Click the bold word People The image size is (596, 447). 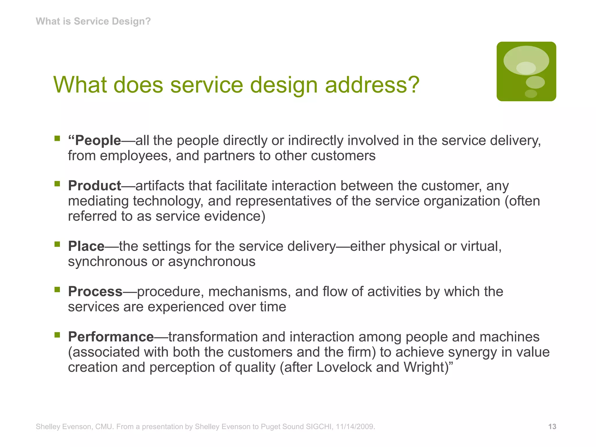(98, 141)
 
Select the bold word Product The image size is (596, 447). (95, 186)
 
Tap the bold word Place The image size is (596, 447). (86, 246)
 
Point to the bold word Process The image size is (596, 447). (95, 292)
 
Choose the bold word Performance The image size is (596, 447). (111, 337)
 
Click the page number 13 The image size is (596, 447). (552, 427)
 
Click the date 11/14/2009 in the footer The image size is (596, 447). (355, 427)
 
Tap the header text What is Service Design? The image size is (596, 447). (93, 21)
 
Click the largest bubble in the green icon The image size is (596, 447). (526, 60)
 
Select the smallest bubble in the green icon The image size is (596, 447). (531, 94)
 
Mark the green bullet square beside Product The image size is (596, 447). (57, 184)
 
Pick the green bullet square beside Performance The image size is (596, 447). (57, 335)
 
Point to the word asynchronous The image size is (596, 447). (212, 262)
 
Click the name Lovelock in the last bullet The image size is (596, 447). (344, 367)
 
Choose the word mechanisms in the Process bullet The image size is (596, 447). (249, 292)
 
